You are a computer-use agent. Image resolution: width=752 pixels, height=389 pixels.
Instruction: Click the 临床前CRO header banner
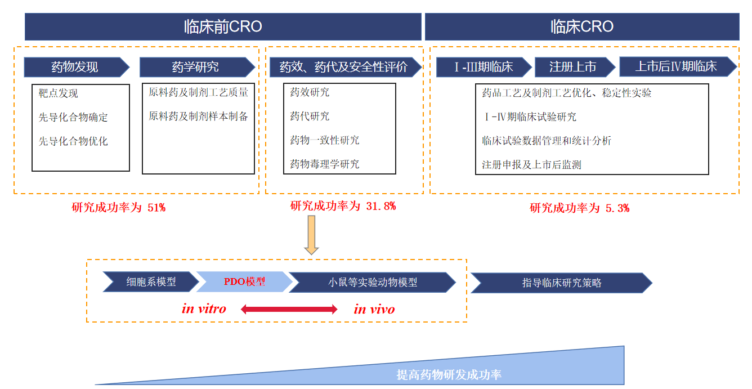click(x=223, y=26)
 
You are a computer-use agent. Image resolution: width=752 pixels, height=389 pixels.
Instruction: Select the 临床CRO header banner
click(x=582, y=26)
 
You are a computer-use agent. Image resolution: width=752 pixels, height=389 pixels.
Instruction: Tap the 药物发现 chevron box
click(x=75, y=68)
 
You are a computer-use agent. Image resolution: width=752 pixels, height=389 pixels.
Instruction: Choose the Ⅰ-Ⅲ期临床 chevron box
click(x=484, y=67)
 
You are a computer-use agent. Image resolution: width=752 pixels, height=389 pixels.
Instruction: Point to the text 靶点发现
click(x=59, y=93)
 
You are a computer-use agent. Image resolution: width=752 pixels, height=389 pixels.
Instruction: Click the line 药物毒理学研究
click(x=324, y=164)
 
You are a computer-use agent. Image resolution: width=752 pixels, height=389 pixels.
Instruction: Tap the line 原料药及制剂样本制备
click(x=198, y=117)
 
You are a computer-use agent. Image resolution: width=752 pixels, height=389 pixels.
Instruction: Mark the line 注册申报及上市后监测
click(x=531, y=165)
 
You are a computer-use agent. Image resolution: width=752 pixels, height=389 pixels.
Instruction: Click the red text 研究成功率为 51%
click(x=118, y=207)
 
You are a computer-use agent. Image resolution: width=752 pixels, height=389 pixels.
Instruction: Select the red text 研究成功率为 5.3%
click(x=579, y=208)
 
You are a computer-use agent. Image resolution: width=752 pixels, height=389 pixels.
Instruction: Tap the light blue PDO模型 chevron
click(x=244, y=281)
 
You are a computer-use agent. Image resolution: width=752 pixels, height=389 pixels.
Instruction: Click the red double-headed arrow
click(x=289, y=309)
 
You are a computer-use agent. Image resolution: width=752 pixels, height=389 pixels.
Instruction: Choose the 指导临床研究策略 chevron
click(x=561, y=283)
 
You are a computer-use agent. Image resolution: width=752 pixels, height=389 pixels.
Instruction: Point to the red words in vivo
click(x=374, y=309)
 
